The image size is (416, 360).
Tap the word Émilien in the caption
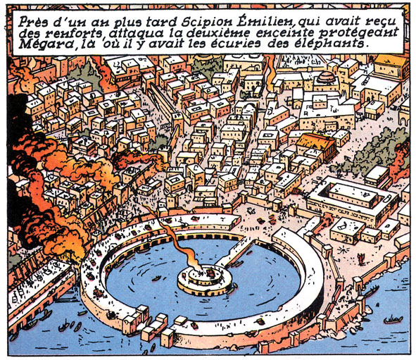click(x=260, y=19)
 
